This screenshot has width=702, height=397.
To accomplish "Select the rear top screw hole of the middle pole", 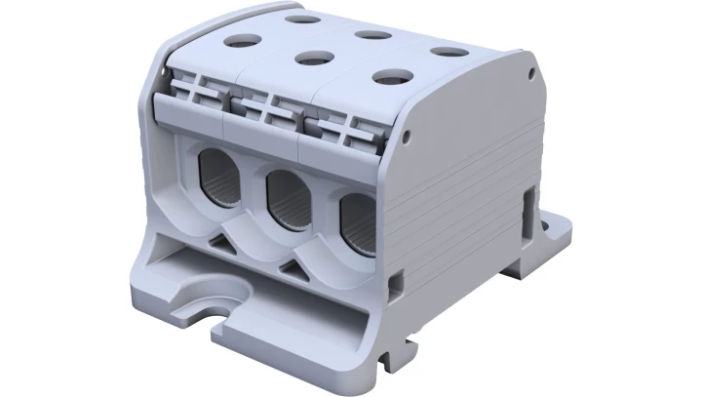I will [x=372, y=34].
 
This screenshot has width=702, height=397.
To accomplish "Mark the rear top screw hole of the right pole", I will [x=448, y=51].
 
